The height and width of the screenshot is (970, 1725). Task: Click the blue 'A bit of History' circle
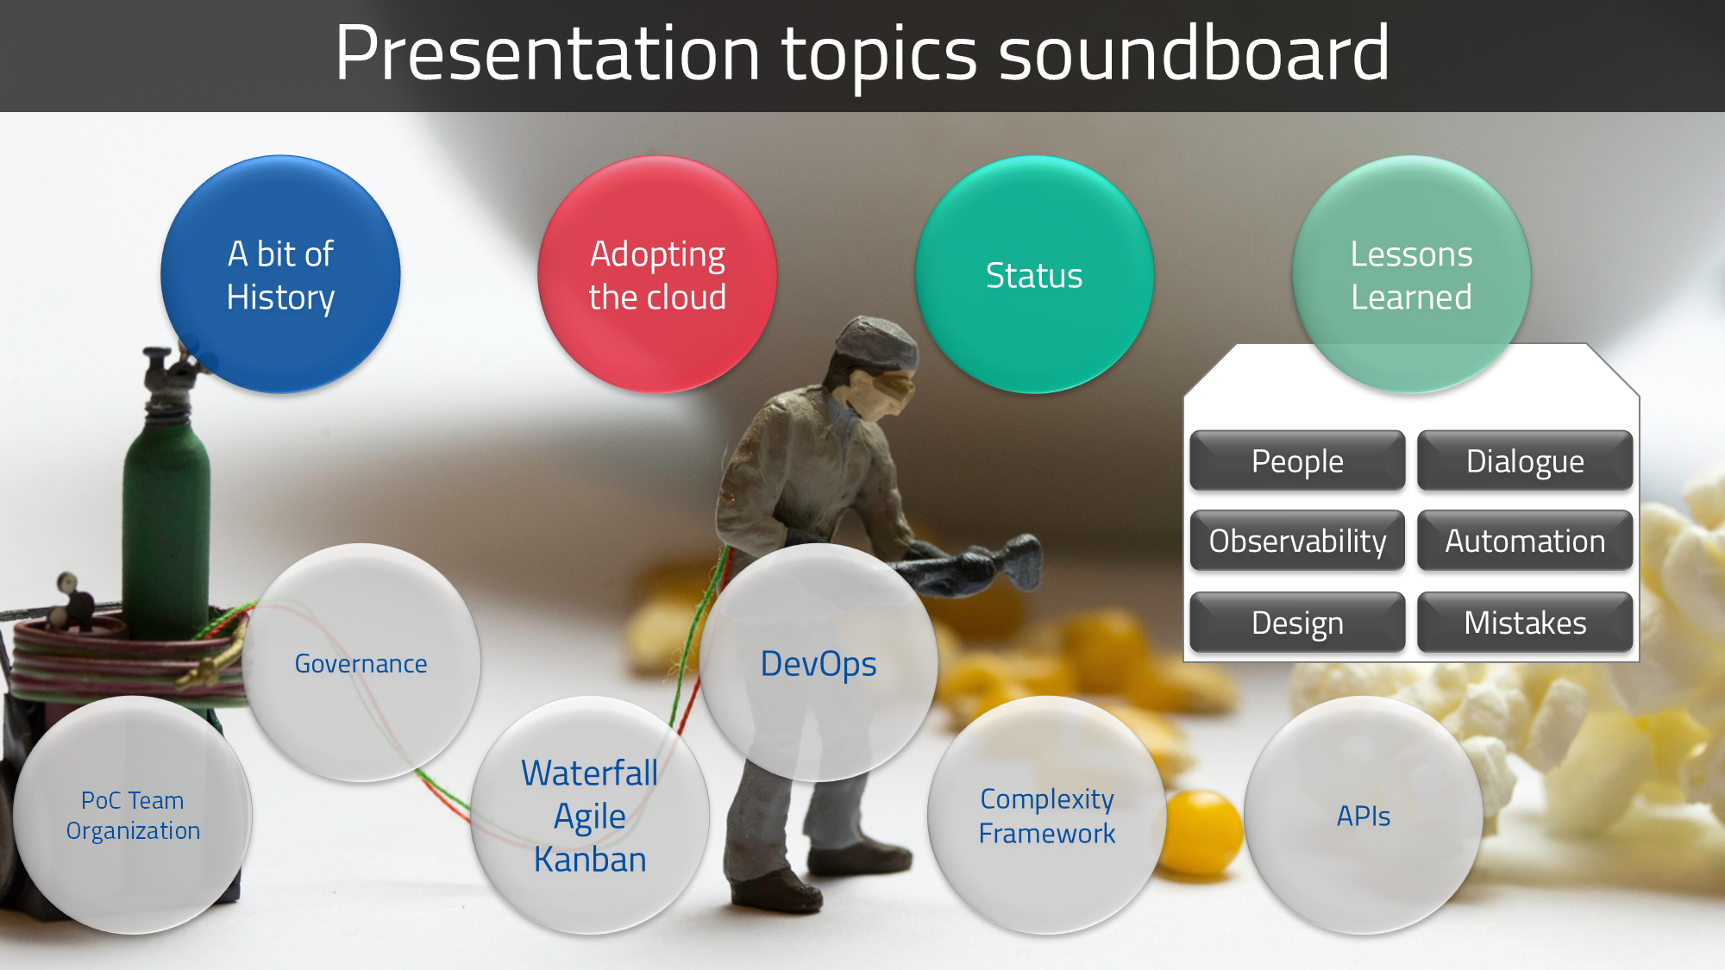pos(280,275)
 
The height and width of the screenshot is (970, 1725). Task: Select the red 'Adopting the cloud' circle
pos(657,275)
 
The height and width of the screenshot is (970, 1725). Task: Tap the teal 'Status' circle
pos(1034,275)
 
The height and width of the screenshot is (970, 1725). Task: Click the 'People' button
pos(1297,461)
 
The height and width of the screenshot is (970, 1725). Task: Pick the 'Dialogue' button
pos(1525,461)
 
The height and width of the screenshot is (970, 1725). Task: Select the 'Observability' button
pos(1297,541)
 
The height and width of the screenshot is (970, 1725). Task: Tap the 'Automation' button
pos(1525,541)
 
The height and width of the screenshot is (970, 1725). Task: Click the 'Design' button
pos(1297,622)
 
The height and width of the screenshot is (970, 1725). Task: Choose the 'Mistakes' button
pos(1525,622)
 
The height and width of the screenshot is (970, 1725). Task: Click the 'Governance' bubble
pos(361,663)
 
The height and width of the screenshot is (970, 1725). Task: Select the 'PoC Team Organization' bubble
pos(133,815)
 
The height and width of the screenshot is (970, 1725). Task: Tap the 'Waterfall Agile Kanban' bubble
pos(590,816)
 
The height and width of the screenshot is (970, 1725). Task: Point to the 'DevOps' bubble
pos(819,663)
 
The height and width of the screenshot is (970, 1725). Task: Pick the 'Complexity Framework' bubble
pos(1046,816)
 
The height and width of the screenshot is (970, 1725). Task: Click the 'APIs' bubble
pos(1364,816)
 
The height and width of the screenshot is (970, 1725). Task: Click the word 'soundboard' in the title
pos(1194,53)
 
